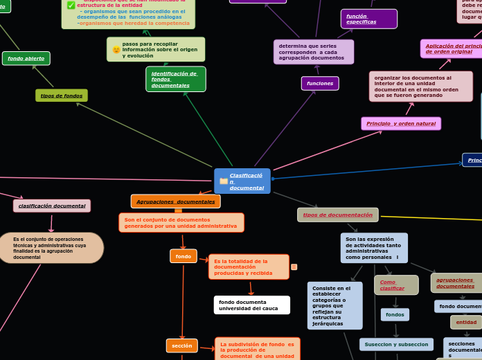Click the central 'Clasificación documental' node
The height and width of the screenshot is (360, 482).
[x=242, y=181]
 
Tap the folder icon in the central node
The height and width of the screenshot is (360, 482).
[x=224, y=181]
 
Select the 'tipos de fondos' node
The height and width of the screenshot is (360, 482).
[x=62, y=96]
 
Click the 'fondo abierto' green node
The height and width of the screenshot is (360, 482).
[x=26, y=58]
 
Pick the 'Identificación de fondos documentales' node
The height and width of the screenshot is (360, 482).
[x=175, y=80]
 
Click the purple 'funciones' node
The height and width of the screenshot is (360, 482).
[x=320, y=83]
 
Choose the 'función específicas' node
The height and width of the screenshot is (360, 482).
[x=368, y=19]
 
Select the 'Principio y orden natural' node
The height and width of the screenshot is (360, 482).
[x=401, y=123]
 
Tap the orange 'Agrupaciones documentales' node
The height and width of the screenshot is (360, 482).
[x=175, y=201]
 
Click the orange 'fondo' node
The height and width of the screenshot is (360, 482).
[x=184, y=256]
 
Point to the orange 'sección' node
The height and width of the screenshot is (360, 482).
[x=182, y=345]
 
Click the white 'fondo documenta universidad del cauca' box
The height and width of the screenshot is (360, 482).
[x=251, y=305]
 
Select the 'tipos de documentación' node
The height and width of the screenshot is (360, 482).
[x=337, y=215]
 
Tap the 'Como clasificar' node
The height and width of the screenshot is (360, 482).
[x=396, y=285]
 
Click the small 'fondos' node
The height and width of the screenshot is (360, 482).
[x=395, y=314]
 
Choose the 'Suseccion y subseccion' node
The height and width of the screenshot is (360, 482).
[x=396, y=344]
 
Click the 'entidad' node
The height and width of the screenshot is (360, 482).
[x=466, y=322]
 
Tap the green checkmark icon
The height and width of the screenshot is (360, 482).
[x=71, y=5]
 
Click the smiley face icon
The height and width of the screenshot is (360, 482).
[x=116, y=50]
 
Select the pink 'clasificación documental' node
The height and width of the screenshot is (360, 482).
[x=52, y=206]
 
